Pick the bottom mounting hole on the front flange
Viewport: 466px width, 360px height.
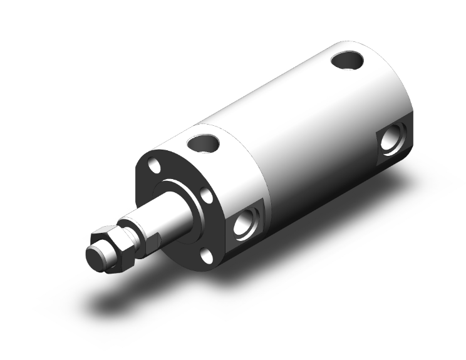click(206, 253)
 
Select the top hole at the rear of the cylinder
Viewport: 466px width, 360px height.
click(346, 61)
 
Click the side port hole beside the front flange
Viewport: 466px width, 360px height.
click(244, 223)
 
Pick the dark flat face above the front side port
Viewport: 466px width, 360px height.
click(247, 203)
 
